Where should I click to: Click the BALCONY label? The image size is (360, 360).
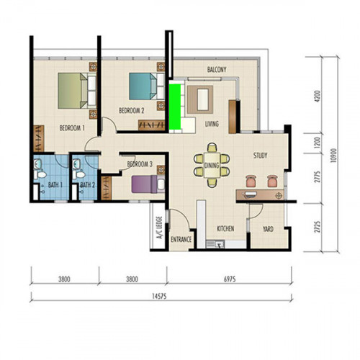tap(217, 70)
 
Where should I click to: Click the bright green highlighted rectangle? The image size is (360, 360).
tap(175, 107)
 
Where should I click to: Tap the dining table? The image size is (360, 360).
tap(212, 165)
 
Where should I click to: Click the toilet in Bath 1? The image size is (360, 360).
tap(40, 174)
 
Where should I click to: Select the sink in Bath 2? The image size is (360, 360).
tap(76, 163)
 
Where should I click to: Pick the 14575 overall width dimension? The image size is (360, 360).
tap(159, 296)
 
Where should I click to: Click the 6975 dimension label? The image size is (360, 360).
tap(230, 279)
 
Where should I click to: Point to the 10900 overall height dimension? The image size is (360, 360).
tap(333, 156)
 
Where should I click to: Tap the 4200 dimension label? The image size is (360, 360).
tap(318, 96)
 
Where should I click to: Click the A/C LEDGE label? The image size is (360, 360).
tap(160, 228)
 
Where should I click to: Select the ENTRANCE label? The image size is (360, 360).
tap(181, 239)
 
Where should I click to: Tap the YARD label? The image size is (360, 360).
tap(268, 229)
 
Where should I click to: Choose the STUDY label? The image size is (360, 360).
tap(260, 156)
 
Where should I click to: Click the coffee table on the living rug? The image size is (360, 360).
tap(202, 99)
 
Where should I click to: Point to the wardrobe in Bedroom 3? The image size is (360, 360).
tap(107, 188)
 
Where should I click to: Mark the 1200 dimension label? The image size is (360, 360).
tap(318, 143)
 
